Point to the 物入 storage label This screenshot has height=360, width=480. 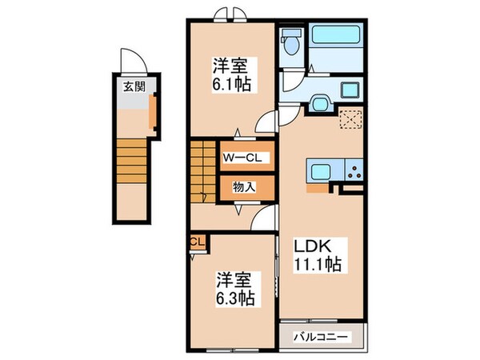click(x=245, y=187)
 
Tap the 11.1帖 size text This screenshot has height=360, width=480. click(x=318, y=264)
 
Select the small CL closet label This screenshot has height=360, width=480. click(x=196, y=241)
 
